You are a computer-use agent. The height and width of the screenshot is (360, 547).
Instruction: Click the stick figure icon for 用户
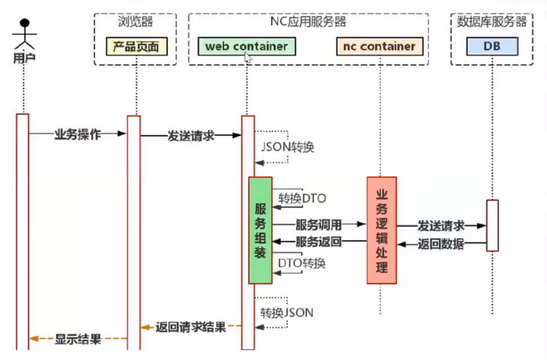(24, 35)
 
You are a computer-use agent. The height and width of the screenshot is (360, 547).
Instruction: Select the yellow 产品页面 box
(136, 46)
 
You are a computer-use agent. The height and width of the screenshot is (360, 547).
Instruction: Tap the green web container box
(246, 46)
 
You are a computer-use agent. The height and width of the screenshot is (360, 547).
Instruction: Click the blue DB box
(492, 46)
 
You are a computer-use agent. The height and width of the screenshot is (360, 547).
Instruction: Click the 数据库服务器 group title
(492, 22)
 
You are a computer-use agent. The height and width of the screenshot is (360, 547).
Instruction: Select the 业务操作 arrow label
(77, 134)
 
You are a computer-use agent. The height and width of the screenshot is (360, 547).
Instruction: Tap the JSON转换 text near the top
(287, 147)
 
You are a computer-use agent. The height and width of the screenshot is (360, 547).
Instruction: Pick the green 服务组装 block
(260, 231)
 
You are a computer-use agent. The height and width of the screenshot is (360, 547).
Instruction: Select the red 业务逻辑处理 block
(382, 229)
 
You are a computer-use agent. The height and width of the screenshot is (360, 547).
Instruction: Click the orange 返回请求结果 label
(190, 327)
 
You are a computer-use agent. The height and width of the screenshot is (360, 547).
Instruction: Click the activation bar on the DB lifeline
(492, 225)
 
